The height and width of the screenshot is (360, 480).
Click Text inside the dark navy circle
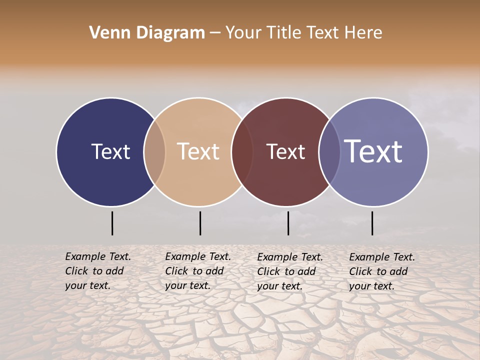(110, 151)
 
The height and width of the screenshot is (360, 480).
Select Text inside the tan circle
(198, 151)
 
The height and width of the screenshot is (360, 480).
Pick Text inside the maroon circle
(285, 151)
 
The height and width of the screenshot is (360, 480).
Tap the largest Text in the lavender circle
(373, 151)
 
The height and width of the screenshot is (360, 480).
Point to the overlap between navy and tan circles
(154, 152)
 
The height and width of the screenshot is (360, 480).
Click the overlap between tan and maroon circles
(242, 152)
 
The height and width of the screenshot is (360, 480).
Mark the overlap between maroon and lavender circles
(329, 152)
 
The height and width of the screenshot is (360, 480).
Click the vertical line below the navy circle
(112, 223)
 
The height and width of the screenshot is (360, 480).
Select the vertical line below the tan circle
(200, 223)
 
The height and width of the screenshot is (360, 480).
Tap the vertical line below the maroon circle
(288, 223)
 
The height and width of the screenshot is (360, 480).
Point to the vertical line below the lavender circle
(372, 223)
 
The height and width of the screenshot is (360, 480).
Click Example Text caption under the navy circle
(98, 256)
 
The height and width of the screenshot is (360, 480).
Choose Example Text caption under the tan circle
(198, 256)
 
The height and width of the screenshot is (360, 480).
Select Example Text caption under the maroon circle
(290, 257)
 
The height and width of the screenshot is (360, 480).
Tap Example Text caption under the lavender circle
(382, 257)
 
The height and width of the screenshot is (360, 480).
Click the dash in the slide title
(215, 33)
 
